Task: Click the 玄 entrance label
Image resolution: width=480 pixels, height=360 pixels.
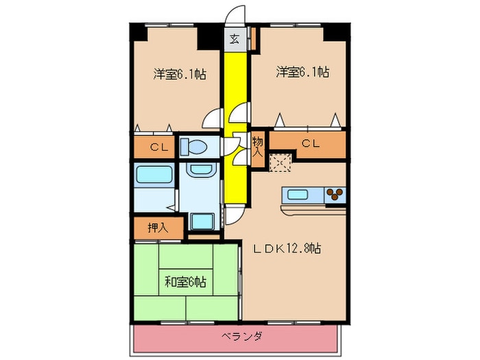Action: pyautogui.click(x=235, y=38)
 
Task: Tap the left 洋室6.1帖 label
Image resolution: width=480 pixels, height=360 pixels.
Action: pyautogui.click(x=180, y=73)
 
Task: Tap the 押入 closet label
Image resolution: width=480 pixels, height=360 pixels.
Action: pyautogui.click(x=157, y=228)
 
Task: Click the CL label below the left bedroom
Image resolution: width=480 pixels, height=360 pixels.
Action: pyautogui.click(x=159, y=146)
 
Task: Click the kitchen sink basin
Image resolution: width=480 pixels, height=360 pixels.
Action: pyautogui.click(x=297, y=194)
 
